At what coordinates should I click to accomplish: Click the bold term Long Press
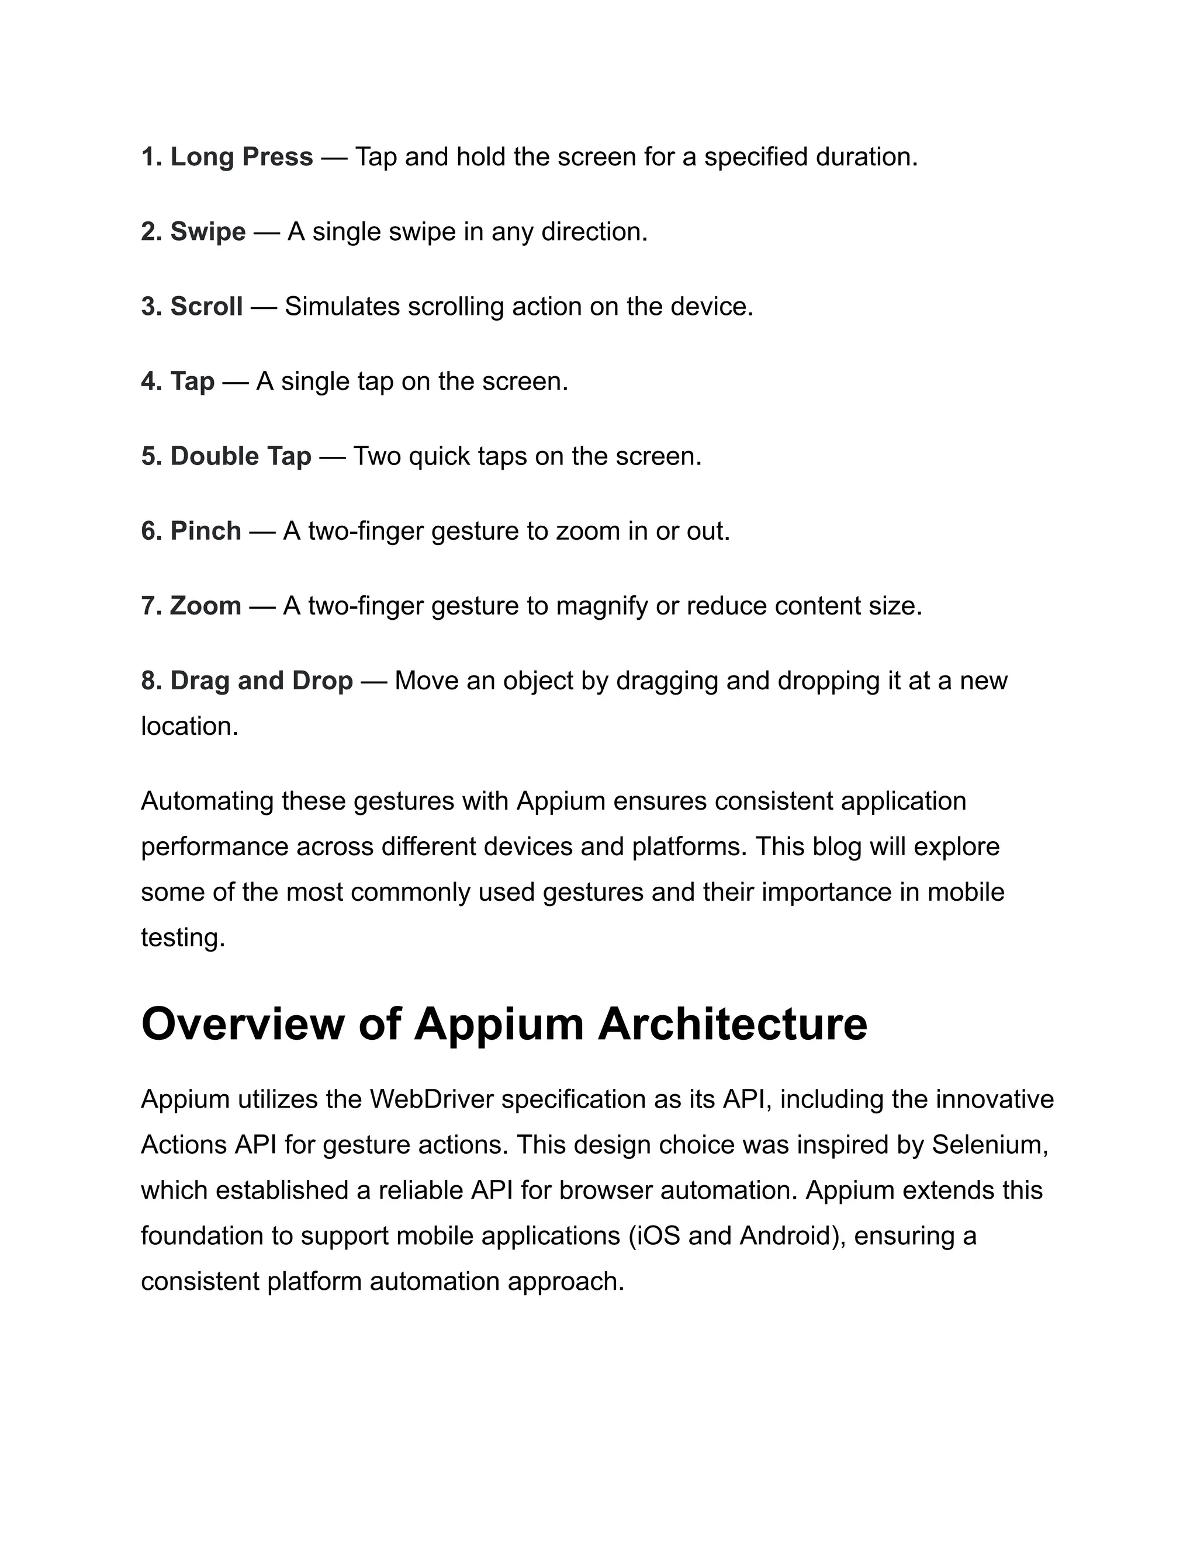pyautogui.click(x=241, y=157)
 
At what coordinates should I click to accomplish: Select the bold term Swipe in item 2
pyautogui.click(x=207, y=232)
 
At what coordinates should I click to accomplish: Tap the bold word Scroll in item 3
pyautogui.click(x=206, y=306)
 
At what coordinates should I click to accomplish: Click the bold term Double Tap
pyautogui.click(x=240, y=456)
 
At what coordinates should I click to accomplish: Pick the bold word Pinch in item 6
pyautogui.click(x=205, y=531)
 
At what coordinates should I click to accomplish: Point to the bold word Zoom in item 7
pyautogui.click(x=205, y=606)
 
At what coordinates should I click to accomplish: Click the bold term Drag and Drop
pyautogui.click(x=261, y=681)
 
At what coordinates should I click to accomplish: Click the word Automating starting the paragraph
pyautogui.click(x=207, y=801)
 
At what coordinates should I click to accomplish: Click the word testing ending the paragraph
pyautogui.click(x=182, y=937)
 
